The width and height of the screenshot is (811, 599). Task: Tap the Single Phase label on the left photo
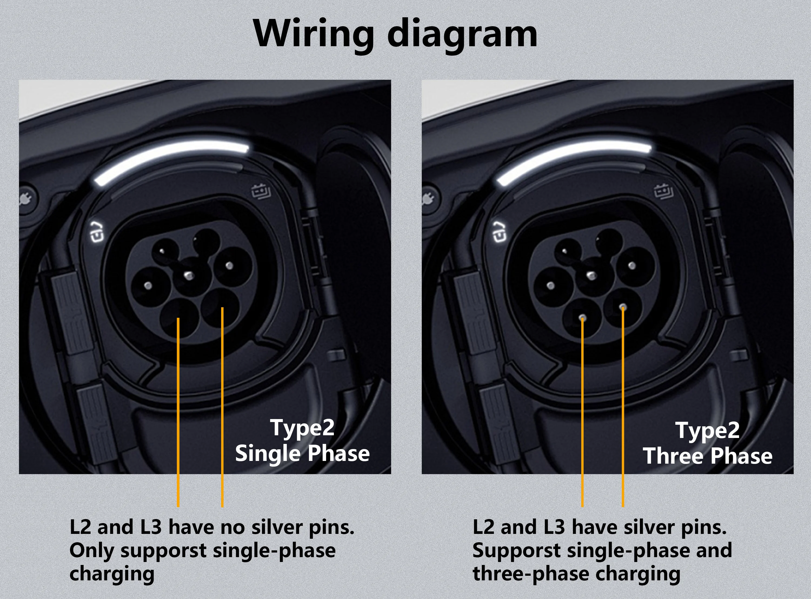[303, 454]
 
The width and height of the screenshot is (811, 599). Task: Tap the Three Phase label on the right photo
[708, 456]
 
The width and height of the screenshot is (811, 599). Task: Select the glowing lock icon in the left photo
[97, 231]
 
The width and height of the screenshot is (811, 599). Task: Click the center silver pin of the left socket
[188, 276]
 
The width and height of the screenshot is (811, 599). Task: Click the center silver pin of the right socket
[591, 276]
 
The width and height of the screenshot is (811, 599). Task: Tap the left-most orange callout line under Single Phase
[178, 412]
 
